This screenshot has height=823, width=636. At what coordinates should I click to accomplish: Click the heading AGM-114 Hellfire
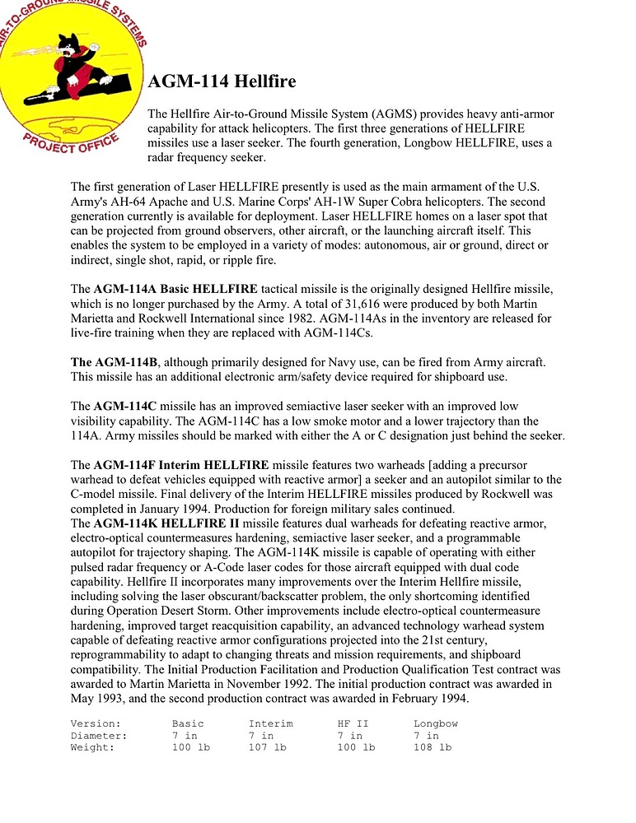(222, 82)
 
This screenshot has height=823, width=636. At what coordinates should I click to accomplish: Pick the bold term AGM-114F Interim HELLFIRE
(186, 465)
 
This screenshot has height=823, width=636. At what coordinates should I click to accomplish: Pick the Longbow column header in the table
(436, 723)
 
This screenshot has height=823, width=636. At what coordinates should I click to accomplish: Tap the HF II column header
(353, 723)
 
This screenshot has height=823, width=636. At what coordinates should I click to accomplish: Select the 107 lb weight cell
(267, 747)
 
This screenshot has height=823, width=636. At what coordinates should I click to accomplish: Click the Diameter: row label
(99, 736)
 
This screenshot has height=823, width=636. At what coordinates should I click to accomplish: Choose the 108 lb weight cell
(433, 747)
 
